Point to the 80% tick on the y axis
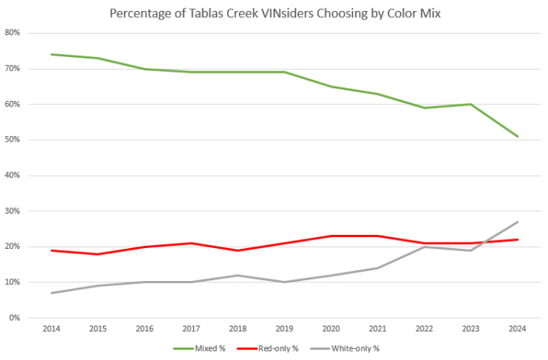13,33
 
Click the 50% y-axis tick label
13,140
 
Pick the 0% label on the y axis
15,318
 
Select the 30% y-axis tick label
13,211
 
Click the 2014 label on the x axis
52,329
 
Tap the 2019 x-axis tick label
284,329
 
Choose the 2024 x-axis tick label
517,329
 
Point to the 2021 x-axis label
377,329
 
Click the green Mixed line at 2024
517,136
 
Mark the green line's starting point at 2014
52,55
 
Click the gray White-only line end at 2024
517,221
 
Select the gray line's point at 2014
52,293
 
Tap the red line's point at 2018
238,250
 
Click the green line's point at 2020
331,86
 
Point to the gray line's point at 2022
424,247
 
